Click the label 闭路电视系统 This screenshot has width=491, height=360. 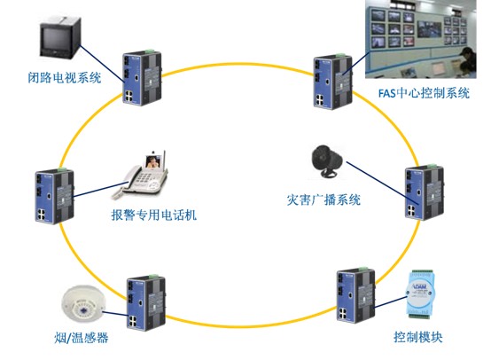(x=65, y=79)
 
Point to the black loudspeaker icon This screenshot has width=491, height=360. (x=324, y=160)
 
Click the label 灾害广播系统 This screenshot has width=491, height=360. (x=323, y=200)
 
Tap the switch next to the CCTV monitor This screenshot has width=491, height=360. (x=141, y=75)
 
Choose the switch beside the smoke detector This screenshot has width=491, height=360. (x=144, y=301)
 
